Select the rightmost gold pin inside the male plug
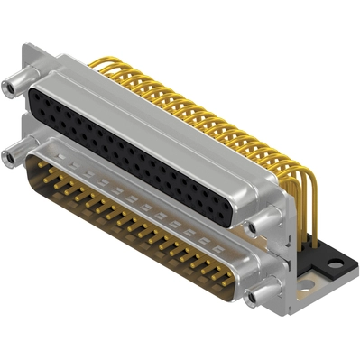[236, 270]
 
